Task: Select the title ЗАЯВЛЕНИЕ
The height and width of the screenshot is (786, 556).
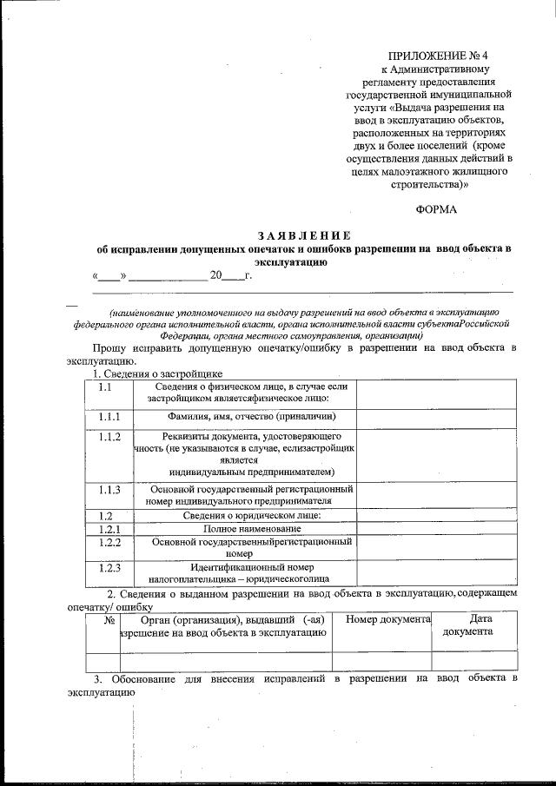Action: point(303,235)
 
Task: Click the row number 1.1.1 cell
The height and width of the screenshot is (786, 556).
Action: point(109,417)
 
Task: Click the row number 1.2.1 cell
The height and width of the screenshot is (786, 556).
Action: point(109,528)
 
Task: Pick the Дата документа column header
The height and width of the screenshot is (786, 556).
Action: point(473,625)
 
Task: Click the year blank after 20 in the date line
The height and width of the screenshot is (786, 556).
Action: point(234,277)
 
